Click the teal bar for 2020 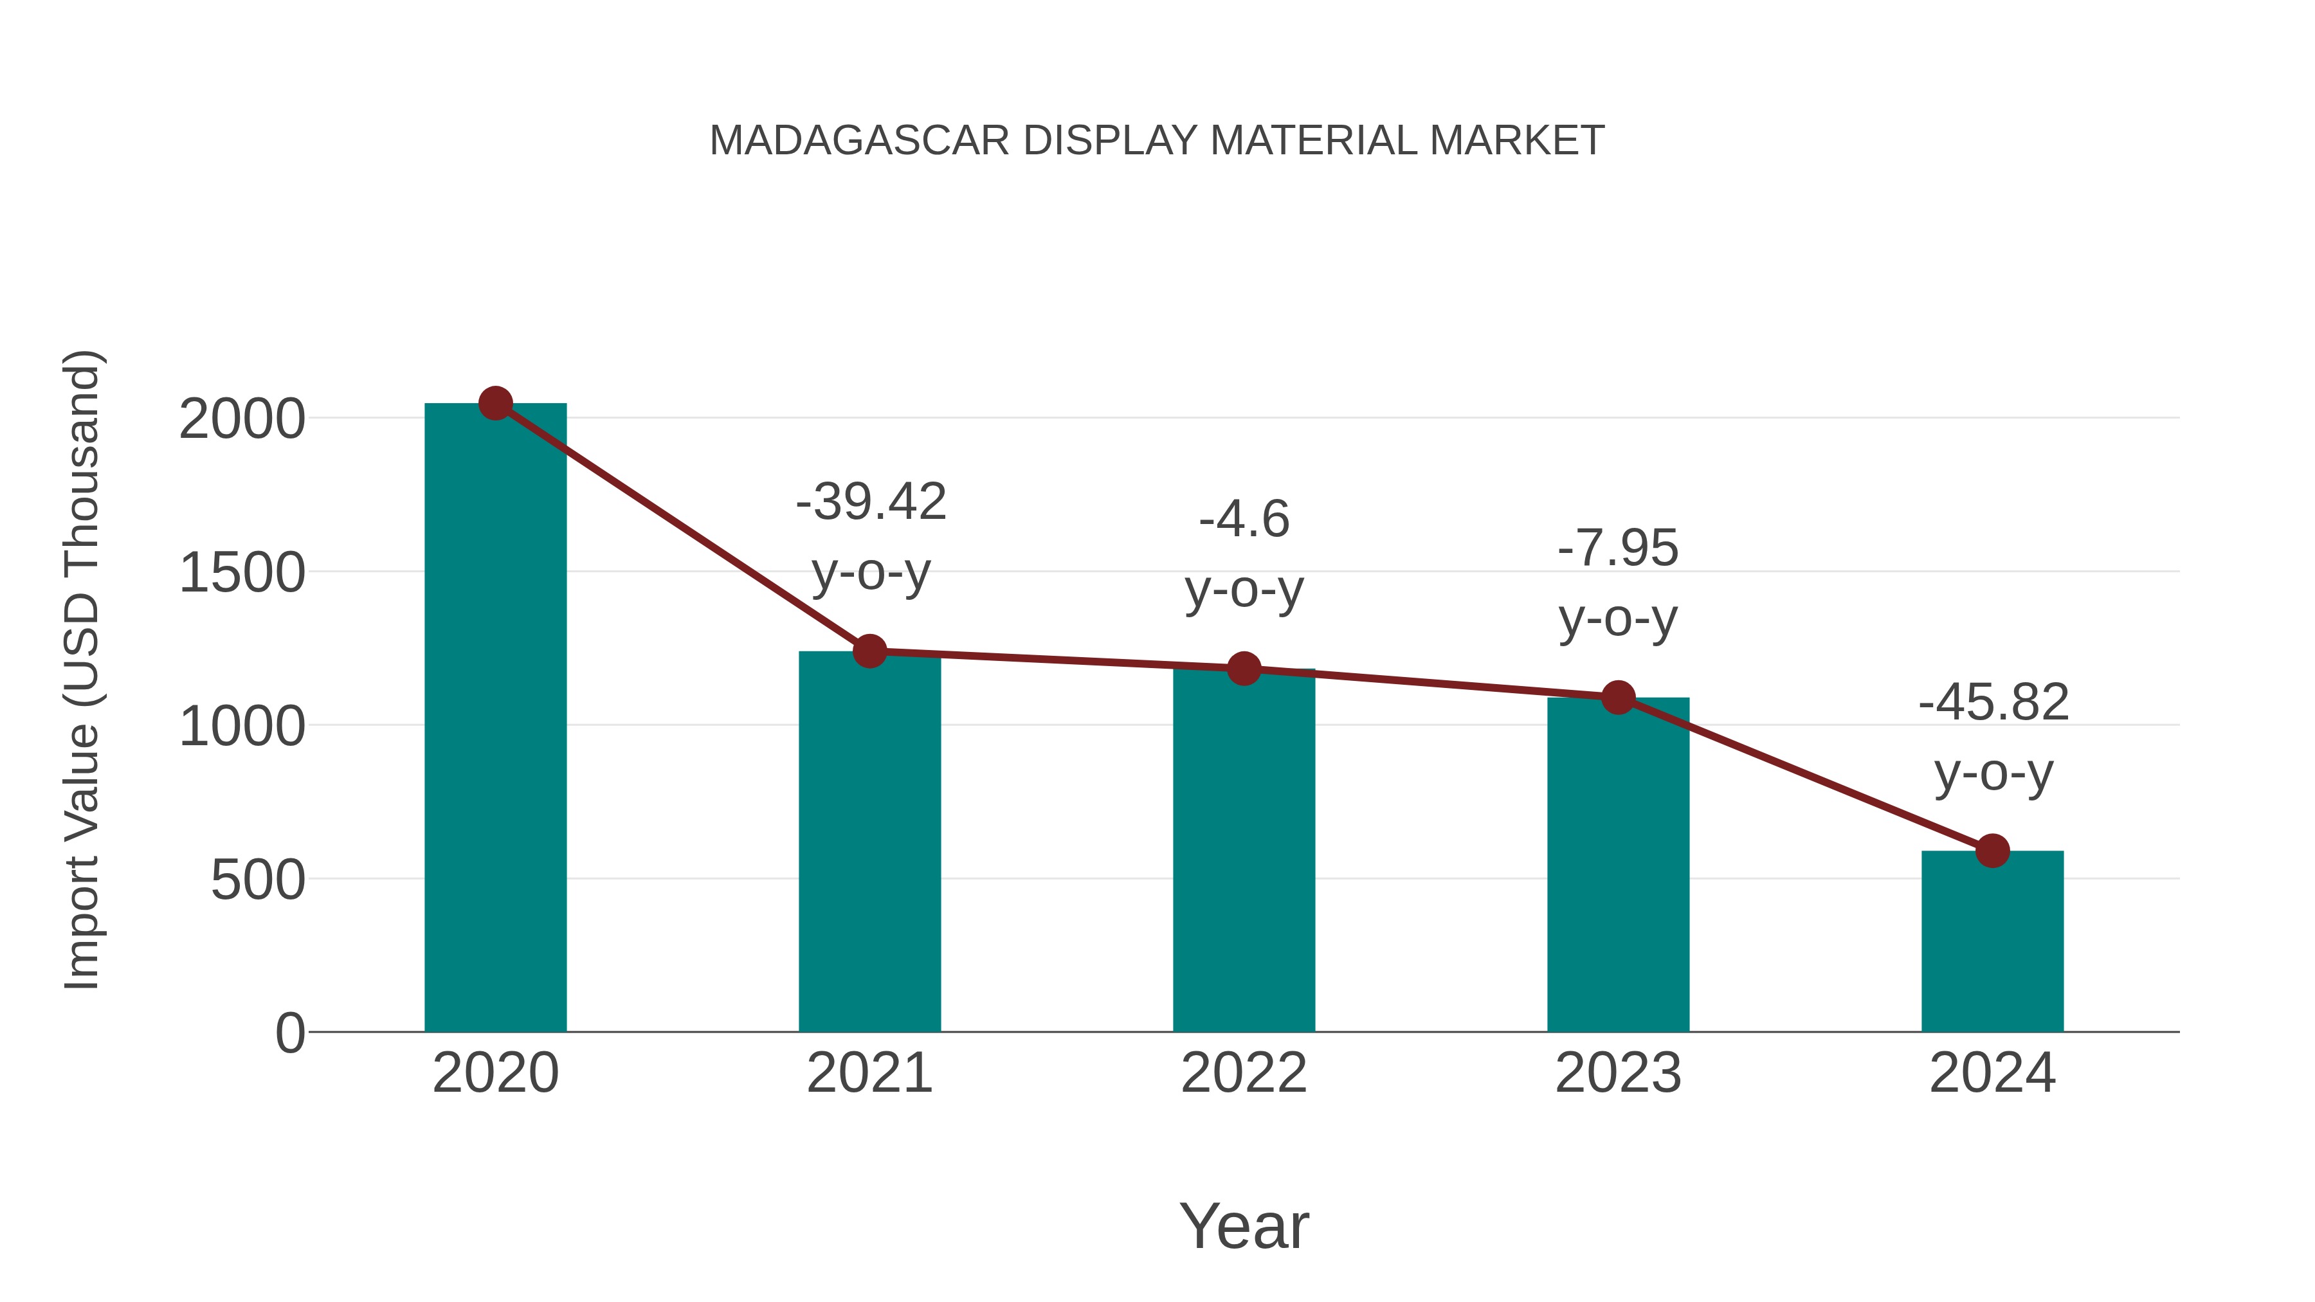coord(495,719)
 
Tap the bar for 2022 coord(1244,854)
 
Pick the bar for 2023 coord(1618,867)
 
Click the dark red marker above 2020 coord(495,403)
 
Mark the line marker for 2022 coord(1244,669)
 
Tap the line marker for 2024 coord(1992,850)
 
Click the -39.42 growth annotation coord(871,502)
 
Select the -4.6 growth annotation coord(1244,520)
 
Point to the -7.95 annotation coord(1618,548)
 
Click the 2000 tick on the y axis coord(242,420)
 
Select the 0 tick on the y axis coord(289,1033)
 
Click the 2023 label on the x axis coord(1618,1073)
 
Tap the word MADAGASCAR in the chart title coord(859,141)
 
